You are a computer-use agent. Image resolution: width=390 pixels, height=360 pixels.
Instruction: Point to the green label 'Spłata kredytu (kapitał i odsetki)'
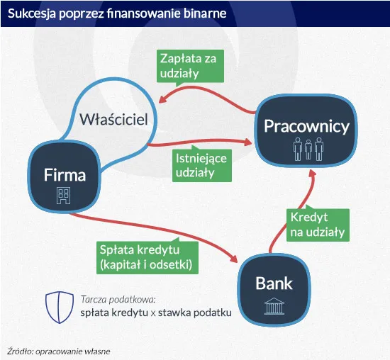(147, 258)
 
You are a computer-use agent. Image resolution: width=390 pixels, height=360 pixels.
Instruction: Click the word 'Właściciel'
(113, 120)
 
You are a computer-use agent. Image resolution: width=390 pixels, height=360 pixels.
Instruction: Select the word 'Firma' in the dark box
(65, 174)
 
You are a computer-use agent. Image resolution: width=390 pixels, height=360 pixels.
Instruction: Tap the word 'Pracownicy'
(306, 126)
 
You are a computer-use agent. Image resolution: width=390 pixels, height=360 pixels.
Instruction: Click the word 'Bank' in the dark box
(274, 283)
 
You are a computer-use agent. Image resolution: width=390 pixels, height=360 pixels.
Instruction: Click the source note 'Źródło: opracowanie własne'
(59, 350)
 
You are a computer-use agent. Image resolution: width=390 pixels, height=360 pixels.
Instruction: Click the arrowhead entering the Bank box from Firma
(237, 259)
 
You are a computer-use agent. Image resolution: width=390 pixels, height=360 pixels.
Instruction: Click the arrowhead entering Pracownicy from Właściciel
(250, 143)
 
